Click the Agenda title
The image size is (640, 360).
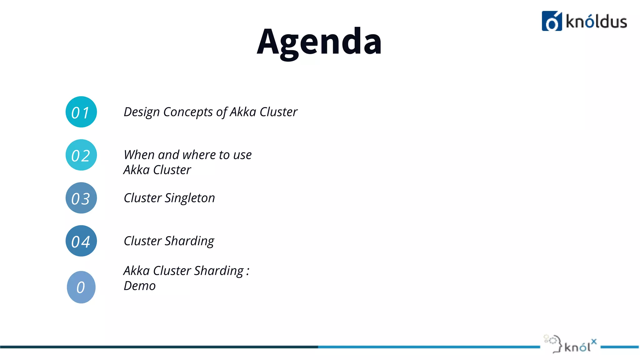(319, 42)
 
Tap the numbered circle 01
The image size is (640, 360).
(81, 112)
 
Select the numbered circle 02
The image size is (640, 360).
(81, 155)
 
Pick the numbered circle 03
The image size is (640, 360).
(81, 198)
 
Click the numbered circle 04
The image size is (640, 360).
(81, 241)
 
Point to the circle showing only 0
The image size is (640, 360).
(81, 287)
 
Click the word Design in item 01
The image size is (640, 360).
(142, 112)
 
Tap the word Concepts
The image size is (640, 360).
(188, 112)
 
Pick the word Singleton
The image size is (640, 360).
(190, 198)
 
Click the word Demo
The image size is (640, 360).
(139, 286)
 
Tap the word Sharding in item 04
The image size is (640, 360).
(189, 241)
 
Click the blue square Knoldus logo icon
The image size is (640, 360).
(552, 21)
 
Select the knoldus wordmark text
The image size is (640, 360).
(596, 22)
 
